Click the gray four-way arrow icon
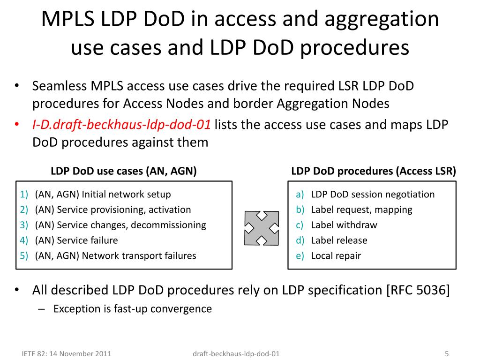click(261, 228)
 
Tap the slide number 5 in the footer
click(447, 354)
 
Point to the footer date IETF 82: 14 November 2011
click(67, 354)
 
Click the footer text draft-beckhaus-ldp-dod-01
click(236, 354)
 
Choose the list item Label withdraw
click(344, 225)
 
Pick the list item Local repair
click(336, 256)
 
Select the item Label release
click(339, 240)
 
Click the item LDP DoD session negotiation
click(373, 194)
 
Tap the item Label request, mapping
click(361, 210)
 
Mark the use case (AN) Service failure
click(76, 240)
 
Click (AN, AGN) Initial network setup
click(103, 194)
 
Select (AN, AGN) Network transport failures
click(115, 256)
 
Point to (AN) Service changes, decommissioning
click(120, 225)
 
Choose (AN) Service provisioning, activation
click(113, 210)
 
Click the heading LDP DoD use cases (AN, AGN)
click(123, 172)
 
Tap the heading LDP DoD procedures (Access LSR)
click(373, 172)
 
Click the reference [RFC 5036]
click(418, 291)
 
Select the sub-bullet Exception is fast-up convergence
click(132, 309)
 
